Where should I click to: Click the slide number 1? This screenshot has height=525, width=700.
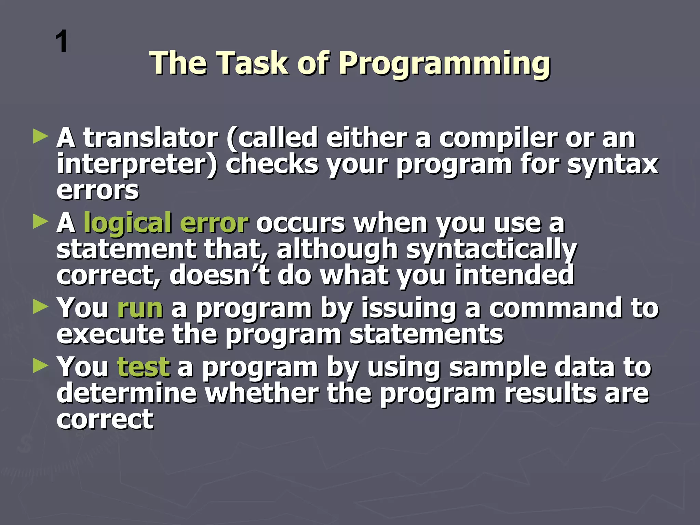click(62, 42)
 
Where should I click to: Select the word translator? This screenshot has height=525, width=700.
click(151, 138)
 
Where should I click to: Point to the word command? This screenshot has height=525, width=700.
click(556, 308)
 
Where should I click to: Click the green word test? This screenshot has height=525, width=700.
click(143, 367)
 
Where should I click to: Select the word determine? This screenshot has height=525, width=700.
click(126, 393)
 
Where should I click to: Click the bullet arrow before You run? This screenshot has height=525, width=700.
click(40, 307)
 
